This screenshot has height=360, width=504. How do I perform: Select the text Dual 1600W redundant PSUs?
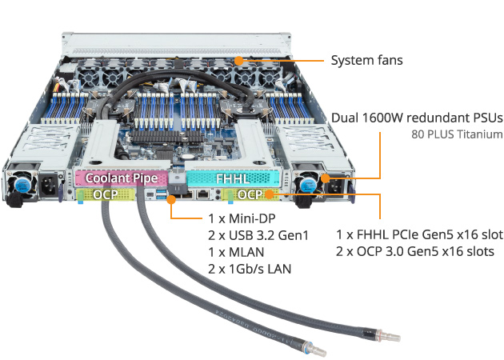click(x=416, y=118)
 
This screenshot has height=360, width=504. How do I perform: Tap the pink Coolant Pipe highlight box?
click(x=122, y=178)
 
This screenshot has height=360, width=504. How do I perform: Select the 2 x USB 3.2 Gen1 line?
click(x=258, y=235)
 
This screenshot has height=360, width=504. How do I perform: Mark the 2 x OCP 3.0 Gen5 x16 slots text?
click(x=414, y=252)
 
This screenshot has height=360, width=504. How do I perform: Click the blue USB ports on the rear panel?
click(x=165, y=194)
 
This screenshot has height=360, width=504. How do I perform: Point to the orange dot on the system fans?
click(x=239, y=60)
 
